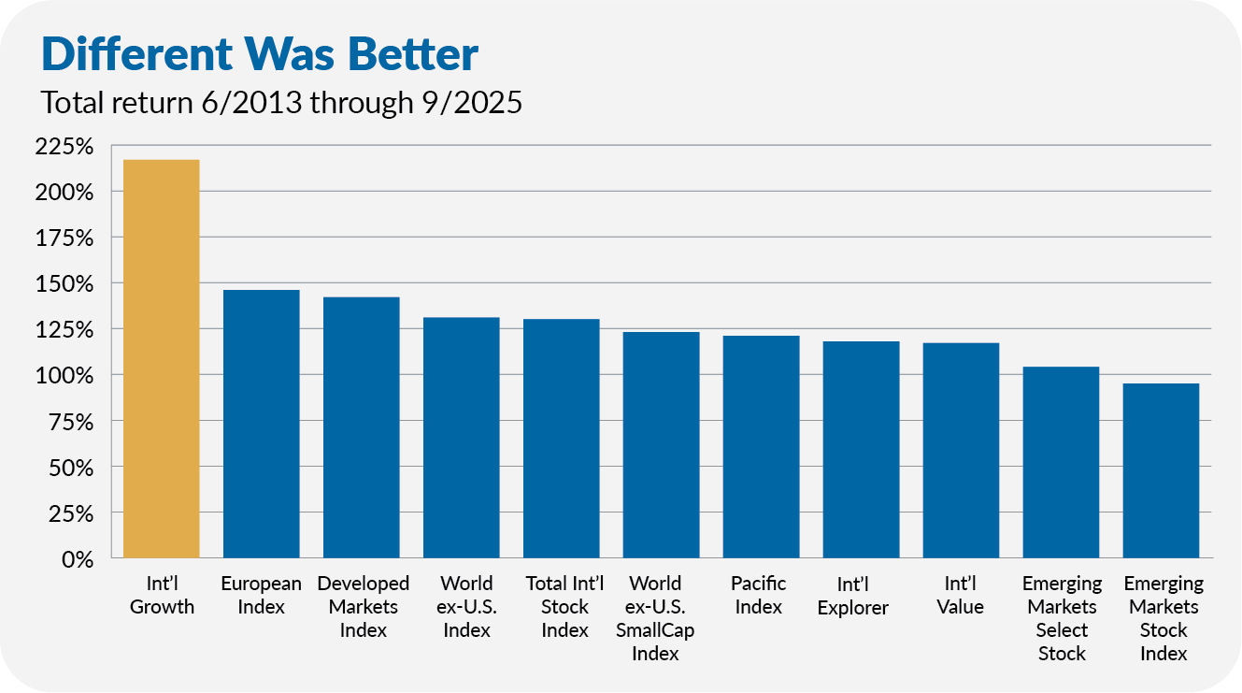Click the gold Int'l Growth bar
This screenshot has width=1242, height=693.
[x=162, y=359]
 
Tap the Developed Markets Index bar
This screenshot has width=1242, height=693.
[x=362, y=427]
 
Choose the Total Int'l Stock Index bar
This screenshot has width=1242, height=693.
[x=562, y=439]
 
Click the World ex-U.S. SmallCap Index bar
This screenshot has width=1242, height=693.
[x=662, y=445]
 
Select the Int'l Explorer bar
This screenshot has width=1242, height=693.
[x=862, y=450]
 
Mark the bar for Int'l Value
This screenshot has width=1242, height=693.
[x=962, y=451]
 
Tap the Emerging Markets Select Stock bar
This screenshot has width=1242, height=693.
[x=1062, y=462]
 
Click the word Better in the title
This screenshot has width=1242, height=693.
[x=410, y=55]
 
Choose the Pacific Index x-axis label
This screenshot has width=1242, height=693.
[x=759, y=595]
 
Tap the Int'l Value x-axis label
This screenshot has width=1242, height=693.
[x=961, y=595]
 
